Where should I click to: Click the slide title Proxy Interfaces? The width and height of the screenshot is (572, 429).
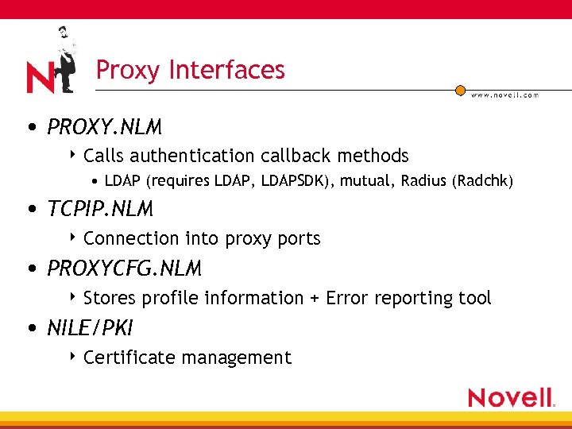190,70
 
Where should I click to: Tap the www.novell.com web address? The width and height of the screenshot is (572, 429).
504,95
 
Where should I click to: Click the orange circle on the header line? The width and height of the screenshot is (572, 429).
460,91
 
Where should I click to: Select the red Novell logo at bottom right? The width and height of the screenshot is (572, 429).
510,397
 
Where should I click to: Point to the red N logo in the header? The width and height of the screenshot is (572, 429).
41,78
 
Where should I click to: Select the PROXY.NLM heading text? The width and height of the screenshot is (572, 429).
104,127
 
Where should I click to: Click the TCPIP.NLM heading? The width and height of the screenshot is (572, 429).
100,210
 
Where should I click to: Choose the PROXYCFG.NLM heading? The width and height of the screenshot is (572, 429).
124,269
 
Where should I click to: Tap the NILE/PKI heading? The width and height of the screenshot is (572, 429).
91,328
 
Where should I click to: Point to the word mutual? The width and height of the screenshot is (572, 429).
365,182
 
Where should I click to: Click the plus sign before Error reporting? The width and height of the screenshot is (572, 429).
315,299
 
